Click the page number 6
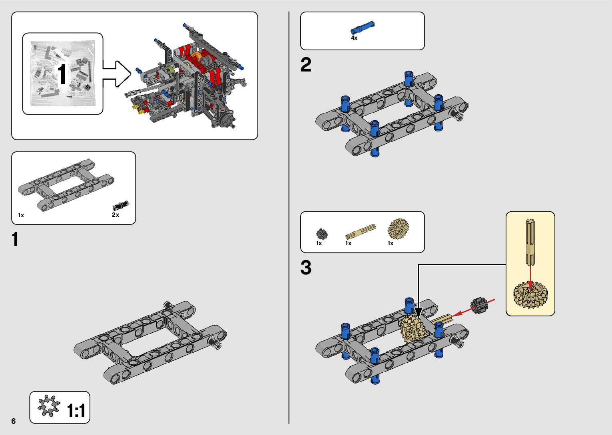(x=14, y=421)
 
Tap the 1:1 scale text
(x=76, y=411)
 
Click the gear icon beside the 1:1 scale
(x=49, y=406)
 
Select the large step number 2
(x=306, y=65)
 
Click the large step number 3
(x=306, y=268)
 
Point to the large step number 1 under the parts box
(x=15, y=240)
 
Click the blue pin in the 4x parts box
(x=363, y=28)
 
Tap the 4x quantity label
(x=354, y=38)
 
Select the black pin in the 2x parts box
(x=120, y=205)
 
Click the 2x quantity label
(x=116, y=215)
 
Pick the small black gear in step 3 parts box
(x=322, y=234)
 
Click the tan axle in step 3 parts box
(x=360, y=231)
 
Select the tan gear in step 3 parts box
(x=398, y=229)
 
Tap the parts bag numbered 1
(x=62, y=74)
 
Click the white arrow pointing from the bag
(x=117, y=74)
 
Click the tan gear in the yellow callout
(x=530, y=295)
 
